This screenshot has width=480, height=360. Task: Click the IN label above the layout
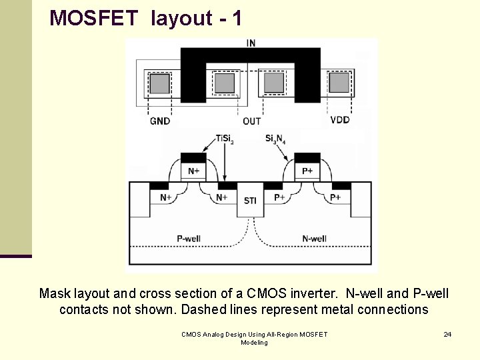(x=251, y=43)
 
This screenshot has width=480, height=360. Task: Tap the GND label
(x=160, y=121)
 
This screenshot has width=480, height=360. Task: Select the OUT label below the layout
(x=251, y=121)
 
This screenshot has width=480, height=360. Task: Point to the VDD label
(x=340, y=121)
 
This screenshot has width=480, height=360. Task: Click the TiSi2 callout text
(x=225, y=139)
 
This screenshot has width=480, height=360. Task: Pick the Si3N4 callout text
(x=276, y=139)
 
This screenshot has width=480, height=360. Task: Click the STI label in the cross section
(x=250, y=201)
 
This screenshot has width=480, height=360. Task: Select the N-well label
(x=314, y=239)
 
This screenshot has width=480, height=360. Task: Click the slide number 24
(x=447, y=334)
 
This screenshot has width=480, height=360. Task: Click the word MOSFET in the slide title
(x=97, y=18)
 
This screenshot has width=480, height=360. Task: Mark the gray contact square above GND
(x=159, y=83)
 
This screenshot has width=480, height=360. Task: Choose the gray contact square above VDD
(x=339, y=83)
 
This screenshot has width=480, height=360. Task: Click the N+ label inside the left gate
(x=193, y=171)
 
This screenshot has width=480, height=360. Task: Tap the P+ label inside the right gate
(x=307, y=171)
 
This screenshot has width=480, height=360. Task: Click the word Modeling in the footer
(x=254, y=343)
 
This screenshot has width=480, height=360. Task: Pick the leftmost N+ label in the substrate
(x=166, y=198)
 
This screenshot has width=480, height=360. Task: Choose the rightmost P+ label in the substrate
(x=335, y=198)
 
